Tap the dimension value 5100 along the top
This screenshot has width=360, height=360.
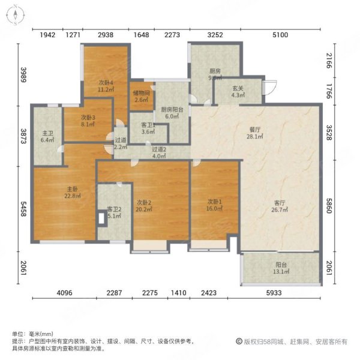point(280,35)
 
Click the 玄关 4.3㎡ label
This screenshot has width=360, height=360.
point(238,91)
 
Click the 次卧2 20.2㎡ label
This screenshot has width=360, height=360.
point(143,206)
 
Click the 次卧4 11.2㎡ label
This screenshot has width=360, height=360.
point(106,86)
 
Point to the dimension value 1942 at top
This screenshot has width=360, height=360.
point(47,35)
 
